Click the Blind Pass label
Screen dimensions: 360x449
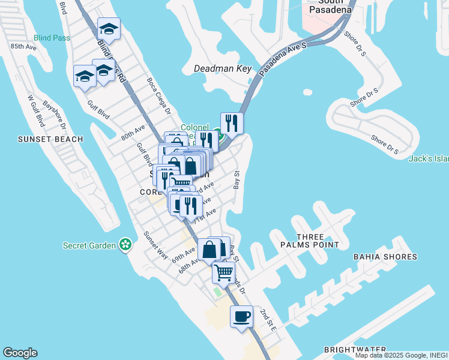click(x=52, y=38)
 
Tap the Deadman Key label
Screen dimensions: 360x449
click(x=223, y=68)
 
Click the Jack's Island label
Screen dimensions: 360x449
click(x=429, y=159)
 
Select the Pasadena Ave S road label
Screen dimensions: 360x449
click(x=284, y=59)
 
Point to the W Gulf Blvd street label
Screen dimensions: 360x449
click(x=37, y=111)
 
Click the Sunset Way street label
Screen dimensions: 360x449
click(x=155, y=244)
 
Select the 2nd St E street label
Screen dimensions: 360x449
click(x=268, y=320)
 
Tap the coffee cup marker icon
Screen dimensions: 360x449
click(x=241, y=316)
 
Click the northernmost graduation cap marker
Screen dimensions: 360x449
click(x=109, y=28)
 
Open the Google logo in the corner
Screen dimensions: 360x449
click(x=20, y=353)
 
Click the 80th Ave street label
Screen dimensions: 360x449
click(x=133, y=131)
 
